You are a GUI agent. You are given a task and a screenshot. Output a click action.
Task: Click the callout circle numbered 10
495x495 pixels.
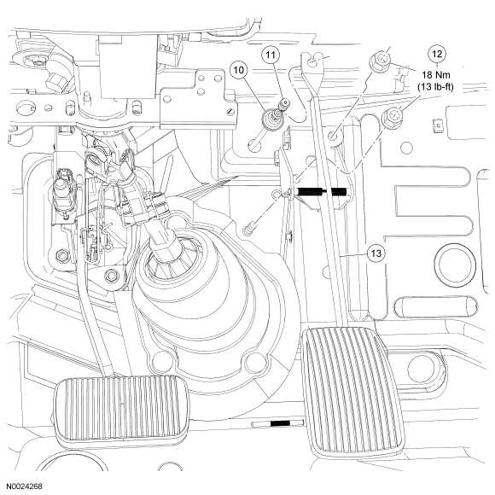tap(239, 70)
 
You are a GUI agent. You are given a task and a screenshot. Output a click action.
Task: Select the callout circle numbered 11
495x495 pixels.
tap(271, 55)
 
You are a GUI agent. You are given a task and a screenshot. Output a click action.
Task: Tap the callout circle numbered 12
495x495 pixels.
tap(437, 55)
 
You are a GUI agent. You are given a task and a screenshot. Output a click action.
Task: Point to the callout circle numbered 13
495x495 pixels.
tap(376, 253)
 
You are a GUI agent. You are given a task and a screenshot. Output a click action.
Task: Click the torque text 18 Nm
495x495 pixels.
tap(436, 75)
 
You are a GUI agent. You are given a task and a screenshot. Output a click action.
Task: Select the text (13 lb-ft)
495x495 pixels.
tap(435, 86)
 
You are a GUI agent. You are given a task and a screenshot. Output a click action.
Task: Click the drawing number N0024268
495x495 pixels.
tap(25, 486)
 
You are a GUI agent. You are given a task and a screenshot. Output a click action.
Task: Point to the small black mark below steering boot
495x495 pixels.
tap(279, 423)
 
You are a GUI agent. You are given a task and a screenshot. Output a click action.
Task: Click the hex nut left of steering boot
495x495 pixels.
tap(111, 276)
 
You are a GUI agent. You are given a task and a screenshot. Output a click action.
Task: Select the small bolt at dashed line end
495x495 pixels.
tap(249, 230)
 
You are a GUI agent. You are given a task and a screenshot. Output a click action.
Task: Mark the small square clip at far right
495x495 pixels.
tap(437, 125)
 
